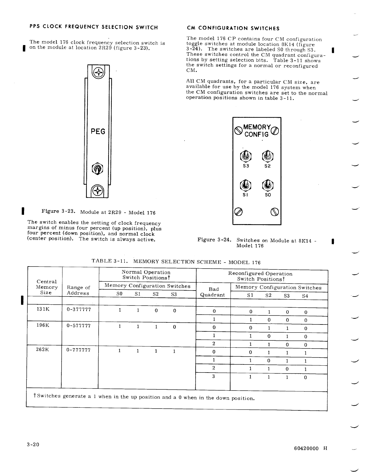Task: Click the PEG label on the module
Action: click(x=98, y=132)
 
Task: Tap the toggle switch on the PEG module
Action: click(x=97, y=169)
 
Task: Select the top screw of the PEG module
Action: click(x=98, y=72)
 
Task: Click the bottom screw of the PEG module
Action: click(x=98, y=190)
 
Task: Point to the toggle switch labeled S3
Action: click(x=246, y=156)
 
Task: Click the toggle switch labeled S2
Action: click(x=268, y=156)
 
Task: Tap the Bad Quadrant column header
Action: click(x=213, y=292)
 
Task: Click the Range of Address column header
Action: click(x=78, y=290)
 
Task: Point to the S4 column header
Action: click(x=305, y=296)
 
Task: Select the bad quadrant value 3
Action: click(x=213, y=376)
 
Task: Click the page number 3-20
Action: click(x=33, y=445)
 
